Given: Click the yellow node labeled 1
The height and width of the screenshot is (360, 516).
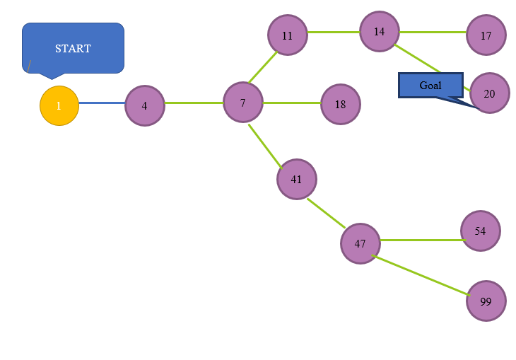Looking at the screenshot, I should pos(59,105).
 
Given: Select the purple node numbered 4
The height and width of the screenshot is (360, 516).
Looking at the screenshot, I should pos(144,105).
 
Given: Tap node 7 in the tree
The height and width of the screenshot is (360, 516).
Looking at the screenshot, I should pos(242,103).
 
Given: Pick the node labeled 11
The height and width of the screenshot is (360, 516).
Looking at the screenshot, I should pos(287,35).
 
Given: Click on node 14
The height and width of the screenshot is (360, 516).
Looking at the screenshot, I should pos(379,31).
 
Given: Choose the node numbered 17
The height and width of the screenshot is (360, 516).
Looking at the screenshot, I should pos(486,35).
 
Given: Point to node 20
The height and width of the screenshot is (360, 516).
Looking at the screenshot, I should pos(489,93).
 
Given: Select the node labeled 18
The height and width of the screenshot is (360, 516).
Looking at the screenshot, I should pos(340,104).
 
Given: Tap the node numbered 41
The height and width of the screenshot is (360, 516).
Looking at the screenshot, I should pos(296,179).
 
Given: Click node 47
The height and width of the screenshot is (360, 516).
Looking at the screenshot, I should pos(360,243).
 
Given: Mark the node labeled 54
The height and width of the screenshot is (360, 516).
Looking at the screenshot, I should pos(480,231).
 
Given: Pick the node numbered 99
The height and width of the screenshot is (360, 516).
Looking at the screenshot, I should pos(486,301).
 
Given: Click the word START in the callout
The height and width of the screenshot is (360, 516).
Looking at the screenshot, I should pos(73,48).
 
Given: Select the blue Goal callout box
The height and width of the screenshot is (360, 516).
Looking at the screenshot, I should pos(430,85).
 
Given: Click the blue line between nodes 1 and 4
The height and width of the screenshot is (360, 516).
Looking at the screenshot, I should pos(102,103).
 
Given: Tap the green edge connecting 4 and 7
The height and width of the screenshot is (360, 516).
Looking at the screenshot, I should pos(194,103).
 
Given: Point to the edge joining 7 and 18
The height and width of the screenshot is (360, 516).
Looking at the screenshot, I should pos(291,103).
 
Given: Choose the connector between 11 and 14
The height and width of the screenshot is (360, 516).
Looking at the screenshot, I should pos(333,32).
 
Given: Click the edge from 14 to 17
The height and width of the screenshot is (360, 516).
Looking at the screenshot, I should pos(432,32).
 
